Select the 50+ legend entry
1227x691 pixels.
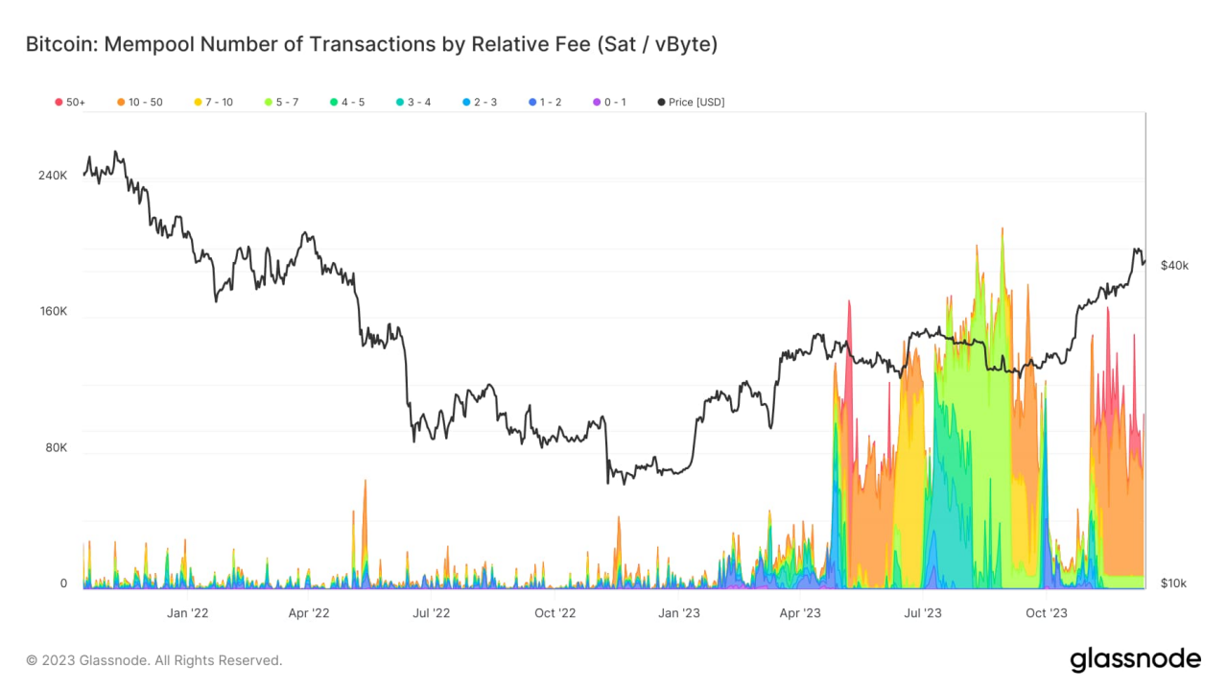pos(71,102)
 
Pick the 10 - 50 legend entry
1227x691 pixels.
pos(140,102)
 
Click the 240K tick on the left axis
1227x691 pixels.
pos(53,176)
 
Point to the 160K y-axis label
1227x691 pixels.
pos(53,311)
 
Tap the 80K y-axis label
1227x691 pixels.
pos(56,447)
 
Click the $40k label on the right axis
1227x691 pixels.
pos(1174,266)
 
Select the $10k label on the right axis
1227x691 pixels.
pos(1174,584)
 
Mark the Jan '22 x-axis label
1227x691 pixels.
pos(187,613)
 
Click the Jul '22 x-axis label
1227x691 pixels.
pos(432,613)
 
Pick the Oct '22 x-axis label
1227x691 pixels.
pos(555,613)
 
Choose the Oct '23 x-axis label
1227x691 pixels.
pos(1046,613)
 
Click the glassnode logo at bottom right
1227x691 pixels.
pos(1135,659)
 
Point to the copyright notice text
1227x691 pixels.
pos(154,660)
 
